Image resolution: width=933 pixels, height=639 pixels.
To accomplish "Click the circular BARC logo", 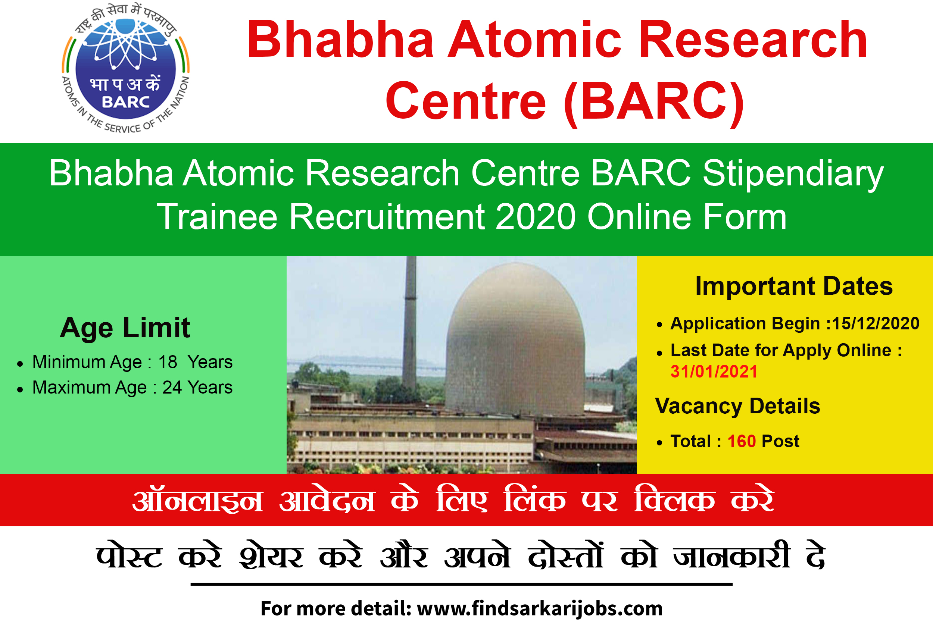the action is click(x=126, y=68).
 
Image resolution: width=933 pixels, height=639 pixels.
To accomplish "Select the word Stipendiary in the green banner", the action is click(x=793, y=174).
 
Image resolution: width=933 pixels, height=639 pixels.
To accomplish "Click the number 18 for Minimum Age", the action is click(x=168, y=362).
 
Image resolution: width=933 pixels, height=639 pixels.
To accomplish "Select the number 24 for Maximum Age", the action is click(x=172, y=388).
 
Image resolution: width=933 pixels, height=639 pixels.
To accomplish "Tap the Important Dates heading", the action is click(x=794, y=286).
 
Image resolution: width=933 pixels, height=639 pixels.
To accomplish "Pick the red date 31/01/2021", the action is click(x=714, y=372).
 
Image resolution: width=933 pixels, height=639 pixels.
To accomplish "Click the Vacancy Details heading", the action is click(x=737, y=407).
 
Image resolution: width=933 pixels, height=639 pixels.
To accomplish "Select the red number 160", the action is click(x=742, y=442).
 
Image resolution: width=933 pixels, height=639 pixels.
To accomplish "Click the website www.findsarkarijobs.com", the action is click(x=540, y=609).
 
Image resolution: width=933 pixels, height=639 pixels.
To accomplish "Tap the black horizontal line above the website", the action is click(x=462, y=585).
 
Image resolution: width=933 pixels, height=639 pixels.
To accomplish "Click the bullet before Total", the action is click(x=659, y=443).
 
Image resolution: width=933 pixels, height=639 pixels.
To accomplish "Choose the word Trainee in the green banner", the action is click(x=217, y=217).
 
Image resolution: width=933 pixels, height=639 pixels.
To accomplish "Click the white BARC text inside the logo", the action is click(x=126, y=102).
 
